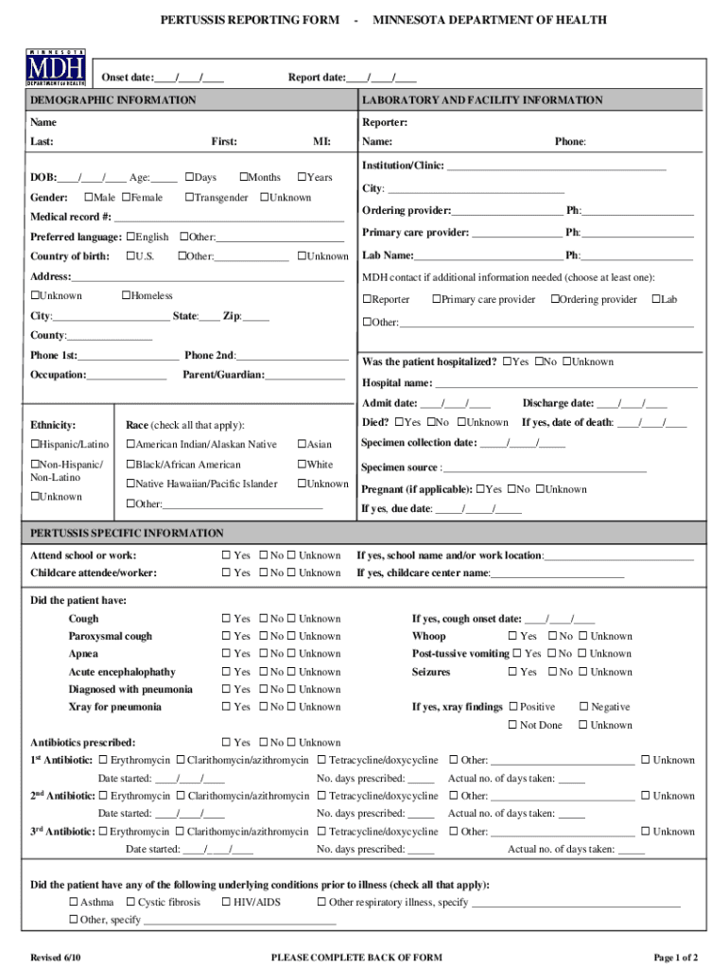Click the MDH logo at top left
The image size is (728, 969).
click(56, 68)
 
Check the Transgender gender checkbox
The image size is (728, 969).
click(189, 198)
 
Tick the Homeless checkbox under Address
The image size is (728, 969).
click(127, 296)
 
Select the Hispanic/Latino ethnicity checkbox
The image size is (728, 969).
click(35, 445)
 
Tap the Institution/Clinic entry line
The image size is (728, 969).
click(556, 167)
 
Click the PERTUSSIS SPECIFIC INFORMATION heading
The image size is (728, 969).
click(127, 534)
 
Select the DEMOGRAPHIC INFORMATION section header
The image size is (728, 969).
click(113, 100)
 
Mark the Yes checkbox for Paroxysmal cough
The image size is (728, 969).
click(227, 637)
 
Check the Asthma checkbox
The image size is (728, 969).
click(74, 903)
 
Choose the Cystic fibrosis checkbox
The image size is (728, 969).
click(130, 903)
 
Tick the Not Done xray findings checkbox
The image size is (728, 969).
click(513, 726)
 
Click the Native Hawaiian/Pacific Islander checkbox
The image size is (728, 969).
click(130, 484)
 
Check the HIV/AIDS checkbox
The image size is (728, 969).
click(227, 903)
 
